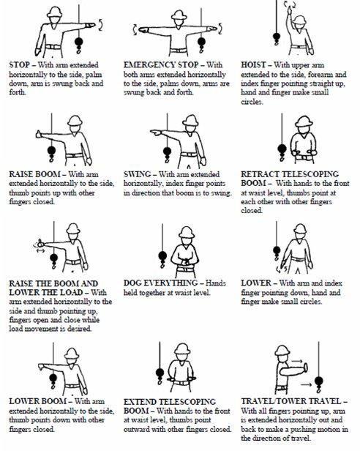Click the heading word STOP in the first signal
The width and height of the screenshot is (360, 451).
click(x=19, y=65)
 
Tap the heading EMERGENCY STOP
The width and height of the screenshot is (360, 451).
click(x=161, y=65)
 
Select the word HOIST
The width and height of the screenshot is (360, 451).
click(x=253, y=65)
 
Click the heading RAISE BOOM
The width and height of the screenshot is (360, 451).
click(x=35, y=174)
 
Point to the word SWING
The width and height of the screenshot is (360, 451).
click(x=137, y=174)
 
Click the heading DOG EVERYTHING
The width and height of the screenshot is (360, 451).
click(x=160, y=283)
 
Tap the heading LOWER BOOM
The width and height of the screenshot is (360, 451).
click(x=37, y=401)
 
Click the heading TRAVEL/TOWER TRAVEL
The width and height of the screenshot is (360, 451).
click(x=291, y=401)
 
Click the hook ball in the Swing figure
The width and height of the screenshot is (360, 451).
click(x=167, y=152)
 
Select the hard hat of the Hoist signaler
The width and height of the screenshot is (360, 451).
click(x=299, y=20)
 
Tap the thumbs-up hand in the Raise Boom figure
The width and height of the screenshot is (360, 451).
click(x=39, y=134)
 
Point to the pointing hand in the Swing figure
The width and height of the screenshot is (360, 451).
click(x=156, y=133)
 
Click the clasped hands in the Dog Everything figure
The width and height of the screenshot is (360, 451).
click(x=186, y=261)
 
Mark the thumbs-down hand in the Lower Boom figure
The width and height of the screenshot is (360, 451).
click(x=41, y=367)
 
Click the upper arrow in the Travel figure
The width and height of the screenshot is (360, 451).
click(x=297, y=361)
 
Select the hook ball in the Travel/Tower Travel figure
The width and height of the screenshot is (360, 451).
click(x=318, y=381)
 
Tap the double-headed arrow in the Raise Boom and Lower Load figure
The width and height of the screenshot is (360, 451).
click(x=40, y=251)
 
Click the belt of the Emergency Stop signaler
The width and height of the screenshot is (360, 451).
click(x=179, y=51)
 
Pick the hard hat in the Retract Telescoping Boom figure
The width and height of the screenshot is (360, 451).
click(x=304, y=122)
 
